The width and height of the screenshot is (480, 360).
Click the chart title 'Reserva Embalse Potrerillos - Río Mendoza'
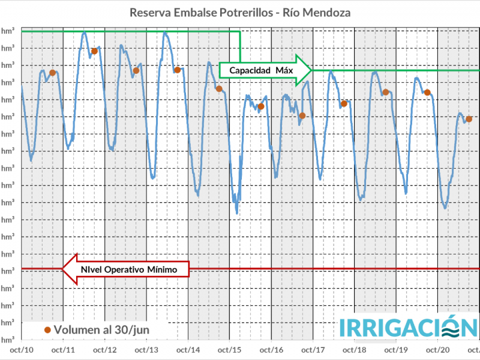[240, 13]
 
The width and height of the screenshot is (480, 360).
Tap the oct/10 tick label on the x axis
[22, 349]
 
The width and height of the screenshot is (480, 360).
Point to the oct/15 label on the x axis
[230, 349]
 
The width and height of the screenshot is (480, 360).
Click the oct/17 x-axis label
[313, 349]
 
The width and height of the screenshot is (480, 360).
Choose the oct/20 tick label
[437, 349]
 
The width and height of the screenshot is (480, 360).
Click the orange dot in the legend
[47, 329]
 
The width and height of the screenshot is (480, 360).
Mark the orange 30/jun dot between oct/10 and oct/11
[52, 73]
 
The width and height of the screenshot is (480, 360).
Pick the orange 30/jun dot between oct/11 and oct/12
[94, 52]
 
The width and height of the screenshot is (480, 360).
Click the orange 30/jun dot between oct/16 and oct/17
[302, 115]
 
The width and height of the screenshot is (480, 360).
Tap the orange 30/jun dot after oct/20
[469, 119]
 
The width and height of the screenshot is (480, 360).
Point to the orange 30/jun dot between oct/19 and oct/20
[427, 92]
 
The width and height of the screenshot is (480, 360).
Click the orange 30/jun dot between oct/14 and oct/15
[219, 89]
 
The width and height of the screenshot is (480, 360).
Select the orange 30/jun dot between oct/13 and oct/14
[177, 70]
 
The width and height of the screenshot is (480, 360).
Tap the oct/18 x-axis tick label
[355, 349]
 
